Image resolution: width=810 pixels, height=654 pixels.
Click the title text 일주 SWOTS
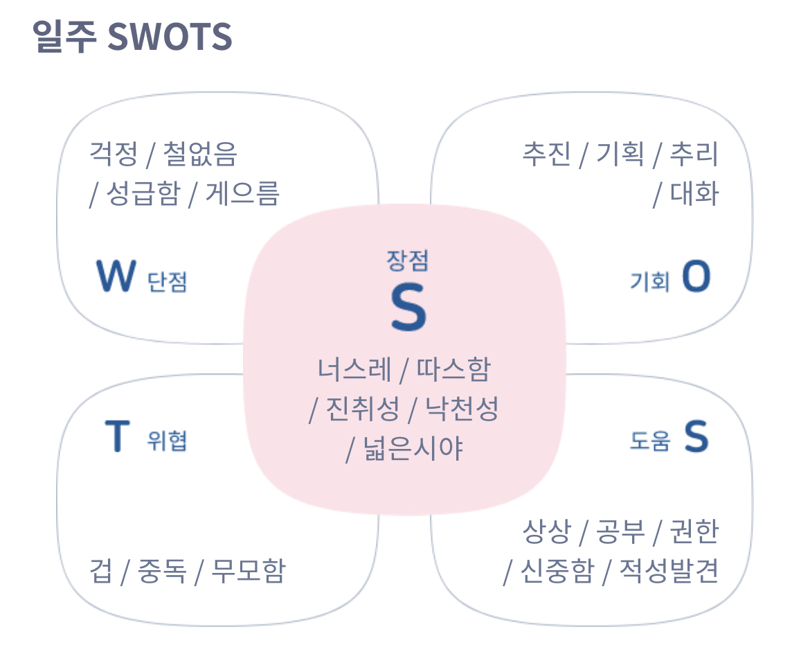[x=132, y=37]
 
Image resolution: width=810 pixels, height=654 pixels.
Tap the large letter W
[x=114, y=276]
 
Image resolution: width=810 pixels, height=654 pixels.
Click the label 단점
[x=168, y=281]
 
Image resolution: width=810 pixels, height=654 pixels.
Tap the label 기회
[x=649, y=281]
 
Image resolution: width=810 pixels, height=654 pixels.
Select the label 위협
[x=167, y=441]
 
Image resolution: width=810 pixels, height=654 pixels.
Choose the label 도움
[x=649, y=441]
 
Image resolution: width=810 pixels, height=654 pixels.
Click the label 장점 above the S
[x=408, y=260]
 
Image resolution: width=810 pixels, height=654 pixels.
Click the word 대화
[x=694, y=193]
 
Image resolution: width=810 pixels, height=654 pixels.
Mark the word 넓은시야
[x=413, y=449]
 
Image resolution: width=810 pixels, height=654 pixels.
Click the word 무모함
[x=248, y=572]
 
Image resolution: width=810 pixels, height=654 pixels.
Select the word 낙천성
[x=461, y=409]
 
